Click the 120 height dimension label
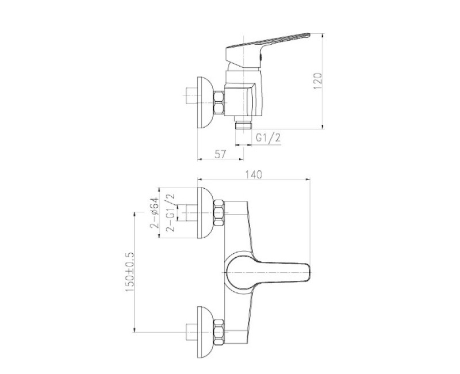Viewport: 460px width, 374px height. pos(318,81)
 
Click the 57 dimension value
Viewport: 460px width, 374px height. pos(220,154)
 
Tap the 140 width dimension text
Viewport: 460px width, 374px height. pos(254,174)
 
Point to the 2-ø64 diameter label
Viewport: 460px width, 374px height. pos(154,213)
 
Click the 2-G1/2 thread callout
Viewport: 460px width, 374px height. pos(170,213)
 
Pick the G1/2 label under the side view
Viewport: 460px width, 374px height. pos(268,138)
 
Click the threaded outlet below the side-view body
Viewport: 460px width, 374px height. pos(244,123)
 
